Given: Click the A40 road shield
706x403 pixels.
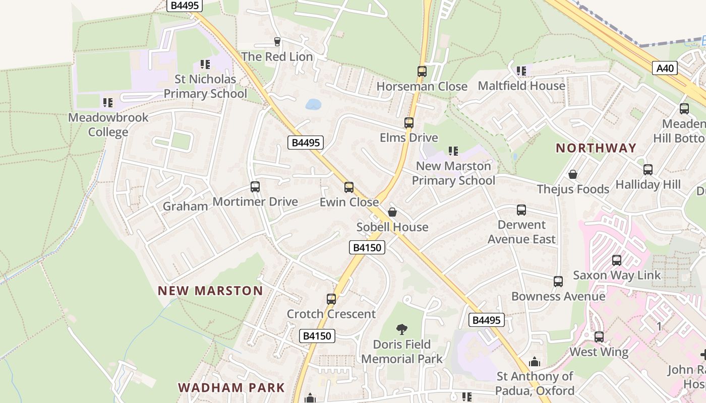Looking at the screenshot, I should (665, 68).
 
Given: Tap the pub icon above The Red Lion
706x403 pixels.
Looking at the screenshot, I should (277, 41).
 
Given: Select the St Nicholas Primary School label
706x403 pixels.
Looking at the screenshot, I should (205, 86).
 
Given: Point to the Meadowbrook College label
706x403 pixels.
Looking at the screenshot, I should (108, 124).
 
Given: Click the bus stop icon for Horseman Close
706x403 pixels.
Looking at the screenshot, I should (422, 72).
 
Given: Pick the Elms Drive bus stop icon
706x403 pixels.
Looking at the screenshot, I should (409, 123).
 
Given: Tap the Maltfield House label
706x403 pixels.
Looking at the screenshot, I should (521, 86).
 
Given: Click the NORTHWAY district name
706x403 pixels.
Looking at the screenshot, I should (596, 148).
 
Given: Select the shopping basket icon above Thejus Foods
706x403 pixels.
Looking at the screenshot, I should (573, 174).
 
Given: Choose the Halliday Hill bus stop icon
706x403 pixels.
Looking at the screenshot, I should (648, 170).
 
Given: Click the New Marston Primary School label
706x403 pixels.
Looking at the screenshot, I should (453, 173).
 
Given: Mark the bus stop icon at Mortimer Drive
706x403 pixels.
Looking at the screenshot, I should (255, 187).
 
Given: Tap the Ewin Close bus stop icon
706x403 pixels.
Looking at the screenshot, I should (349, 187).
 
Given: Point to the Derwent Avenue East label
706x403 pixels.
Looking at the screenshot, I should (521, 232).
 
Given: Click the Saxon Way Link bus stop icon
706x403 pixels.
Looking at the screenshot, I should (617, 260).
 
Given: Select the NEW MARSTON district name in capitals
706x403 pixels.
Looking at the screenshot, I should (210, 291).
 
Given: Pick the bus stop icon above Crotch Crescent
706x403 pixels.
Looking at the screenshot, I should (331, 299).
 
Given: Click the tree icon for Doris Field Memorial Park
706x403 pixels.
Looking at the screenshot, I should (402, 329).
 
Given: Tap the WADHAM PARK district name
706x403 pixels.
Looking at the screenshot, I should (231, 388).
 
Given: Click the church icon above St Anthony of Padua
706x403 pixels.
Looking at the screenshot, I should (535, 362).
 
